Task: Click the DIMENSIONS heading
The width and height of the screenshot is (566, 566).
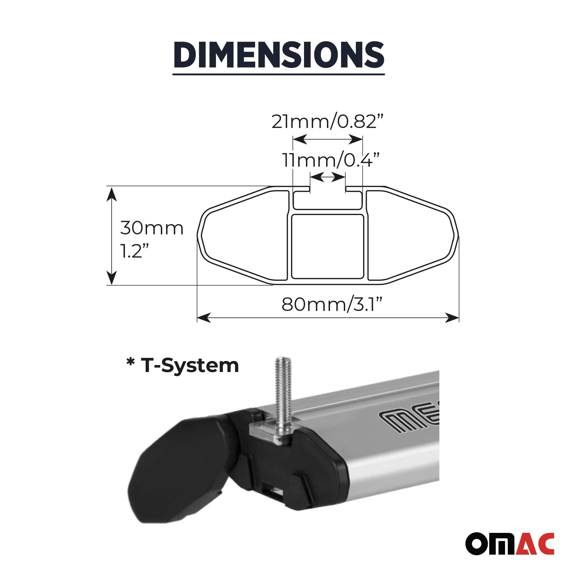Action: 279,55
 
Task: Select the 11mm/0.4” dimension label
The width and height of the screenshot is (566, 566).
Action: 331,160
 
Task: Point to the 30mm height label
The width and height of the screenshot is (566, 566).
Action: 152,228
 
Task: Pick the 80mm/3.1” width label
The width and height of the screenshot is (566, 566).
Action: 332,305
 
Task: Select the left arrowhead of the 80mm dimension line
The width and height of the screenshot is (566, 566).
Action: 203,318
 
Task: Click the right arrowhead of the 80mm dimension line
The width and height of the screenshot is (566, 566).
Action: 452,318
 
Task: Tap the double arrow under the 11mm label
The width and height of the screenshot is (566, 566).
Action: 327,177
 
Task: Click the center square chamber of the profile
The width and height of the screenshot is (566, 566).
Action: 327,246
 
